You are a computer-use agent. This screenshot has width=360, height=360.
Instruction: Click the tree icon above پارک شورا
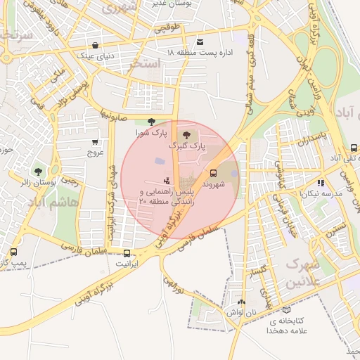151,122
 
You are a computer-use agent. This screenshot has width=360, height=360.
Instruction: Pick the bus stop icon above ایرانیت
127,253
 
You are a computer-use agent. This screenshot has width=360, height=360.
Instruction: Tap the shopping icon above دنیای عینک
96,44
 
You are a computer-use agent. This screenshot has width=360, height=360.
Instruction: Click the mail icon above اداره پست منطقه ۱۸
200,42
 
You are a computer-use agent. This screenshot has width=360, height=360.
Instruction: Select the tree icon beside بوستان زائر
38,171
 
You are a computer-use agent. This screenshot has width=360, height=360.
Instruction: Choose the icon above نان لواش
241,301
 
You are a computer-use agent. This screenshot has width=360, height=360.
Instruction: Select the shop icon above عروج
96,140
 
